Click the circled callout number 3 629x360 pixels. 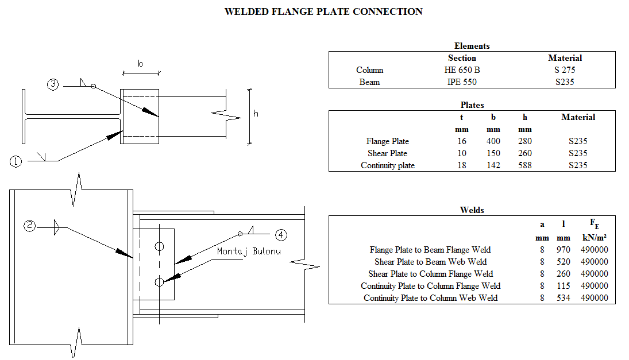tap(53, 85)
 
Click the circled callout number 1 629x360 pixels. tap(16, 161)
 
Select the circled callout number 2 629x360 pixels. tap(30, 226)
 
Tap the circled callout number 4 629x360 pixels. tap(280, 234)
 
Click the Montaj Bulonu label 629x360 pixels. tap(249, 251)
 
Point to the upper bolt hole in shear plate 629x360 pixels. tap(159, 246)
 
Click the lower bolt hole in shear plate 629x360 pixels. tap(159, 282)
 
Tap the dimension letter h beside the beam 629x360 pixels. tap(256, 114)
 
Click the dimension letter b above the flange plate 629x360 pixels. tap(140, 64)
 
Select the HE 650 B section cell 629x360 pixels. tap(462, 70)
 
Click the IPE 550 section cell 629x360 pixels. tap(462, 82)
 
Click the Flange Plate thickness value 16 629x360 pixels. tap(462, 141)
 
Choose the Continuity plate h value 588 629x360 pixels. tap(524, 165)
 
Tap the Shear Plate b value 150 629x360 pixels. tap(493, 153)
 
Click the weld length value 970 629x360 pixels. tap(563, 250)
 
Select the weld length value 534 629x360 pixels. tap(563, 298)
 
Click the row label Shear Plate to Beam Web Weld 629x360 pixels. tap(430, 262)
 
